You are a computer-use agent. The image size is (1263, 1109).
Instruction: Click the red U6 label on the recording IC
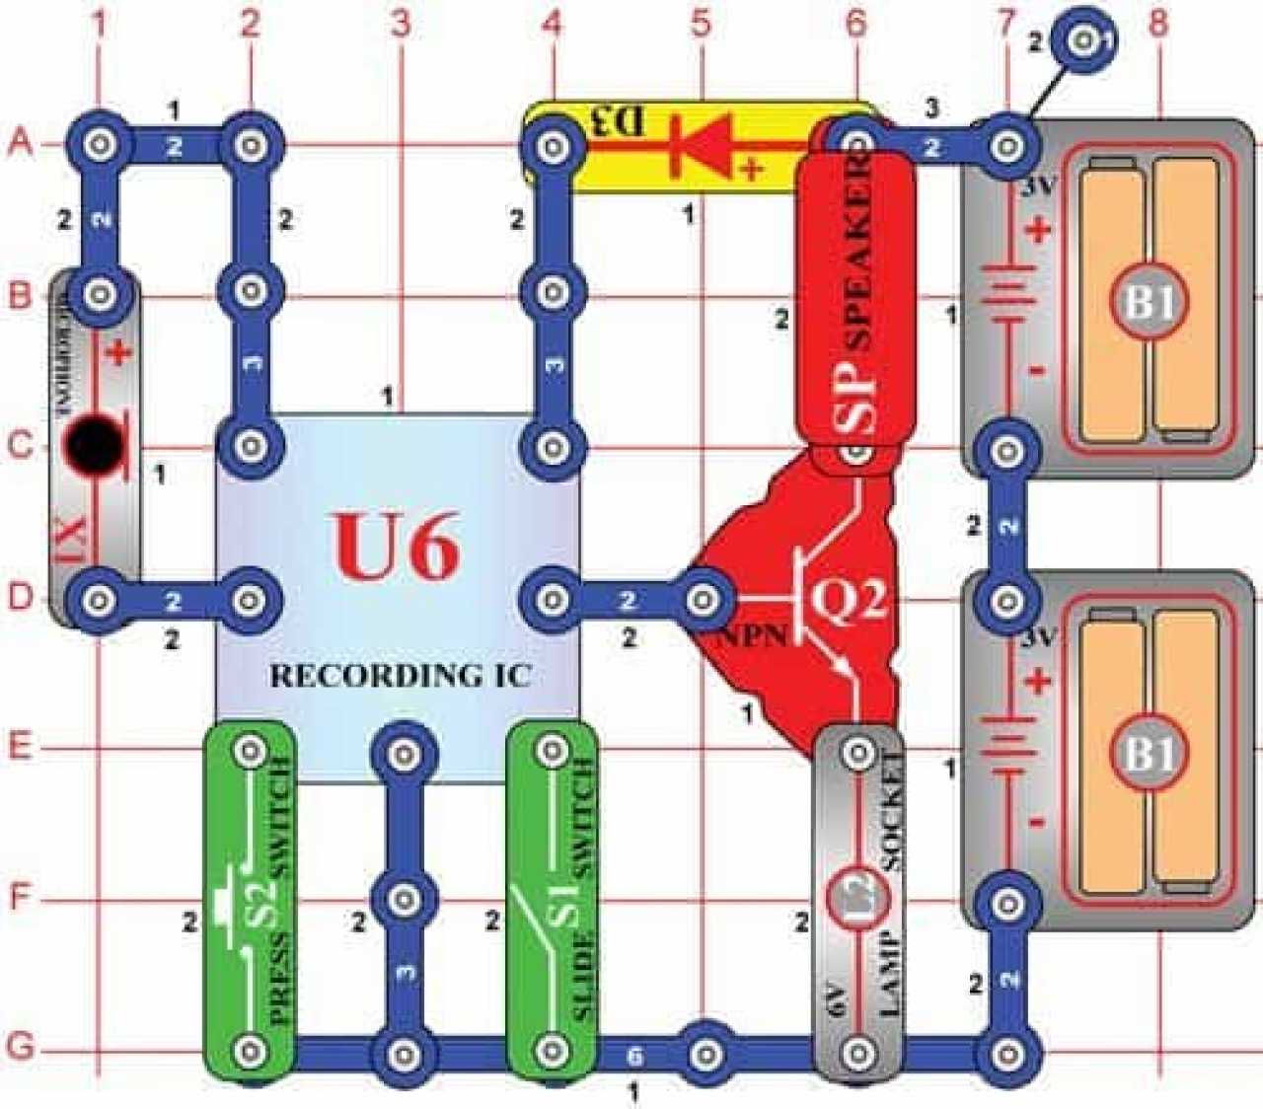397,547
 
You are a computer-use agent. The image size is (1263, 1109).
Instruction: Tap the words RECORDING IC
401,676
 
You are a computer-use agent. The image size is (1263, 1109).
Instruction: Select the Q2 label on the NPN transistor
849,598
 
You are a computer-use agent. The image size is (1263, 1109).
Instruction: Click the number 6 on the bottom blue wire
634,1056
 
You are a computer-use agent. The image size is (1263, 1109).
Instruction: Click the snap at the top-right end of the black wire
1083,40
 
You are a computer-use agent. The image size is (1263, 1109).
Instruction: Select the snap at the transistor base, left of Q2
702,598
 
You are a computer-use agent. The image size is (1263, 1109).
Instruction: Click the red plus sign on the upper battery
1038,231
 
